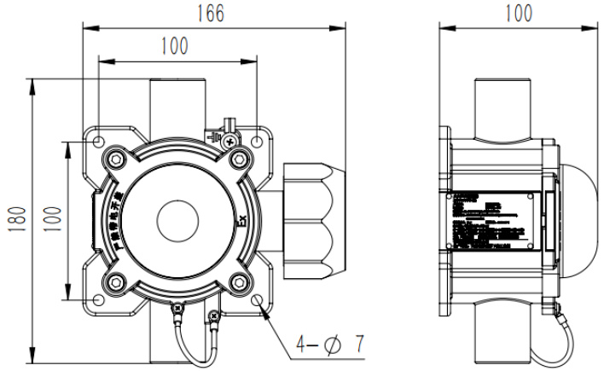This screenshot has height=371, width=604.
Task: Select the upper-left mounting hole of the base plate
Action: click(99, 141)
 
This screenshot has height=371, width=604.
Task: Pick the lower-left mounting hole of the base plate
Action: click(99, 299)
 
